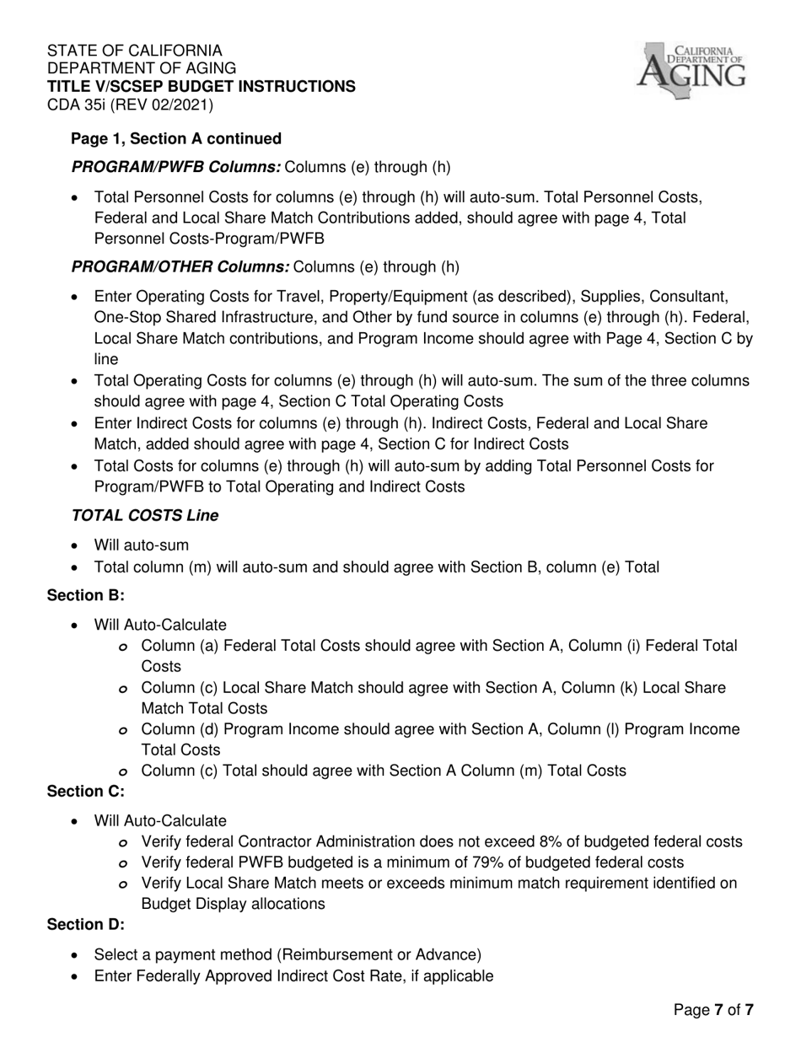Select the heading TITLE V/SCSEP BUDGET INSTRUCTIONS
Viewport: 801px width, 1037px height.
(x=201, y=87)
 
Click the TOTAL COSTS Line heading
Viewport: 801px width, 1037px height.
(x=144, y=516)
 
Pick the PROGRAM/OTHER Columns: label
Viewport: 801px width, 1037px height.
(x=180, y=267)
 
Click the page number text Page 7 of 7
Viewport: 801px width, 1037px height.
(x=712, y=1009)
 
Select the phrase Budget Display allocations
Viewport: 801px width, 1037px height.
(x=233, y=904)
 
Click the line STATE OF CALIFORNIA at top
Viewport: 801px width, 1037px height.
(x=135, y=51)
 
